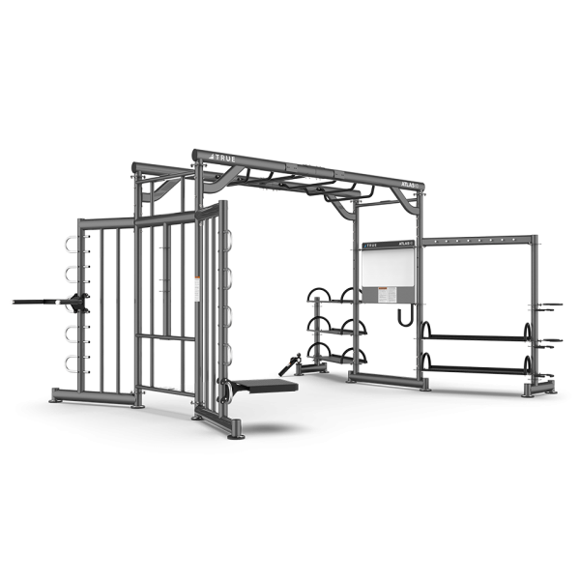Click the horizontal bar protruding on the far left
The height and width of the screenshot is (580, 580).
pos(39,302)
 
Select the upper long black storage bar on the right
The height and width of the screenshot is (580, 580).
pos(476,336)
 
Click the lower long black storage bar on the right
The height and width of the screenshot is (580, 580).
pos(476,368)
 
